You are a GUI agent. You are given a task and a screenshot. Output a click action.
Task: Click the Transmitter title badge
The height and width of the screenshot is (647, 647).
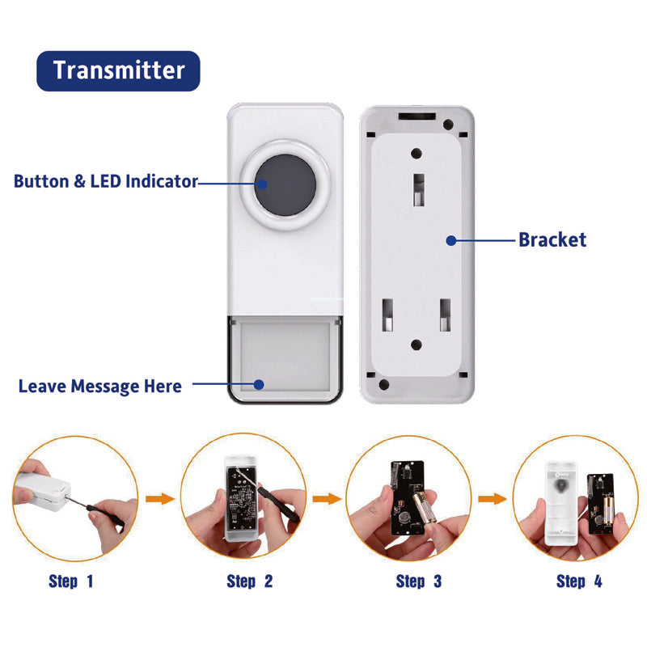coord(118,71)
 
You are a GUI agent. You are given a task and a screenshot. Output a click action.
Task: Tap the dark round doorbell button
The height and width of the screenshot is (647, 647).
coord(285,185)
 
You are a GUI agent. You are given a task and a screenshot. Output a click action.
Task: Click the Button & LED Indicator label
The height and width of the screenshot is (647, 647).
coord(106,181)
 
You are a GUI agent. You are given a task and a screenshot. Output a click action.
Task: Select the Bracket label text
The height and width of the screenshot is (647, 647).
coord(552,239)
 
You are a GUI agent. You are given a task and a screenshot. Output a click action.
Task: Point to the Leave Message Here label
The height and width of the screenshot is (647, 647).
coord(100,387)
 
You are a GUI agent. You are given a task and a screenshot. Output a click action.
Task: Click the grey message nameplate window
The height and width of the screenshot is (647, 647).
coord(285,357)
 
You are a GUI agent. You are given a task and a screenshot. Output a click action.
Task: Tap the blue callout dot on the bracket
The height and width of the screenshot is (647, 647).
coord(451,240)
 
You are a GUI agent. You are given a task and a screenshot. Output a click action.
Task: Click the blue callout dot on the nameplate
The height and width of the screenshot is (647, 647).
coord(259,385)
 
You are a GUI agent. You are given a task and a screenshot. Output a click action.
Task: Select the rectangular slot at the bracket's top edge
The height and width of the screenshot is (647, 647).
coord(417,116)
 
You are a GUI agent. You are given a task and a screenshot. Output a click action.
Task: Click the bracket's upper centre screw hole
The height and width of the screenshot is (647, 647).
coord(417,154)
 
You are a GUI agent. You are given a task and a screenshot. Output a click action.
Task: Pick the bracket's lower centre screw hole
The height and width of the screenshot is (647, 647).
coord(417,345)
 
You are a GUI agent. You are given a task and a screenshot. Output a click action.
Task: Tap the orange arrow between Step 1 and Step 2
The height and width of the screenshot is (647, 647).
coord(160,498)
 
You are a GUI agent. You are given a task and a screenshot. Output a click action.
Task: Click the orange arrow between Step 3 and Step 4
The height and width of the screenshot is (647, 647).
coord(493,498)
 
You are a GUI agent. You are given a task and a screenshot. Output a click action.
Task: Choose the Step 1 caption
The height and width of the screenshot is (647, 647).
coord(71,581)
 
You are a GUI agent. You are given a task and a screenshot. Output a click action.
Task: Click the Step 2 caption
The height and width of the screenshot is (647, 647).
coord(250,581)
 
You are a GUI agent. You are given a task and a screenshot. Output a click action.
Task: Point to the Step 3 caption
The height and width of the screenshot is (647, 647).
coord(419,581)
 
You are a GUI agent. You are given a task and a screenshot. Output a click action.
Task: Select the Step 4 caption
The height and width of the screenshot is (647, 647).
coord(579,581)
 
